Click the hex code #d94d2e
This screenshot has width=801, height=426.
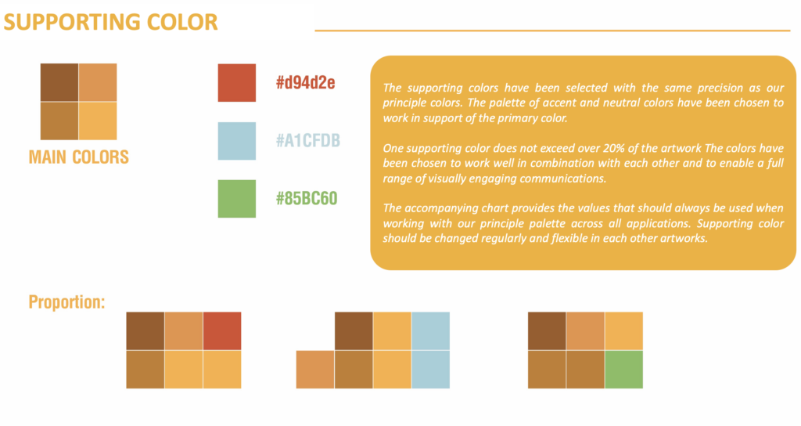point(306,83)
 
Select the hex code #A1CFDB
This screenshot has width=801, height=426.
point(308,141)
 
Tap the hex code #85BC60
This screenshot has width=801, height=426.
point(307,198)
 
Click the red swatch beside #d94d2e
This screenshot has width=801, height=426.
point(237,83)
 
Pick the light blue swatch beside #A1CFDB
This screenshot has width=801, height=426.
point(237,141)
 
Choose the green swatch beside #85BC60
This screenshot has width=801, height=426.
point(237,199)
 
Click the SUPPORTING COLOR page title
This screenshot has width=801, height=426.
point(111,22)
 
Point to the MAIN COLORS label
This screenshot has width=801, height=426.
point(79,157)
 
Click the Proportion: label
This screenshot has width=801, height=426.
point(67,301)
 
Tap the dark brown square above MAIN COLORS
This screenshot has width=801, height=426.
point(59,82)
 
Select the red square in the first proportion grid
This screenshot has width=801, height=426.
point(222,331)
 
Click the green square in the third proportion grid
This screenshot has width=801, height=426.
point(623,370)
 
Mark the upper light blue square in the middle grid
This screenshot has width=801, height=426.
point(431,331)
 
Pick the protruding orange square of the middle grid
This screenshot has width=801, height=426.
point(315,370)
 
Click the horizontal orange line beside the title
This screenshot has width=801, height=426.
point(552,31)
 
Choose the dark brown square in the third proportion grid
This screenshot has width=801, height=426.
point(547,331)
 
